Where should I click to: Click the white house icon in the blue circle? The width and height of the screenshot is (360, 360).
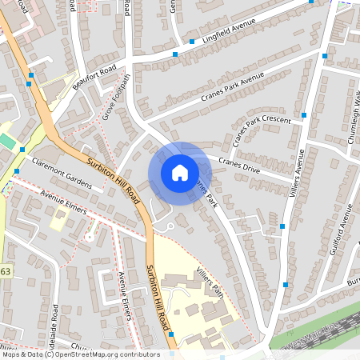coord(180,172)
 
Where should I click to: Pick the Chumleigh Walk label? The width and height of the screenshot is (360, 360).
coord(351,120)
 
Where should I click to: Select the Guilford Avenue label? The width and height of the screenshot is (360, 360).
coord(340,228)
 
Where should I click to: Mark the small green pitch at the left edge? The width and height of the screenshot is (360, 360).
coord(7,142)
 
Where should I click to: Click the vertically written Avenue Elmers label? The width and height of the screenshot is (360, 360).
coord(123,296)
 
